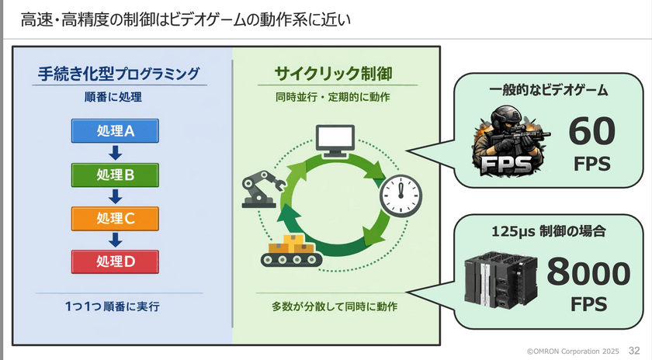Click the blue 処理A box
pos(115,131)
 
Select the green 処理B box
pos(115,175)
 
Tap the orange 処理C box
pos(115,218)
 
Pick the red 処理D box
pos(115,261)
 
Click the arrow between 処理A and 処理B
pos(115,153)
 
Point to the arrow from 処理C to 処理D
pos(115,240)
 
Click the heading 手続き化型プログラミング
pos(118,74)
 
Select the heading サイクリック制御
pos(332,74)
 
